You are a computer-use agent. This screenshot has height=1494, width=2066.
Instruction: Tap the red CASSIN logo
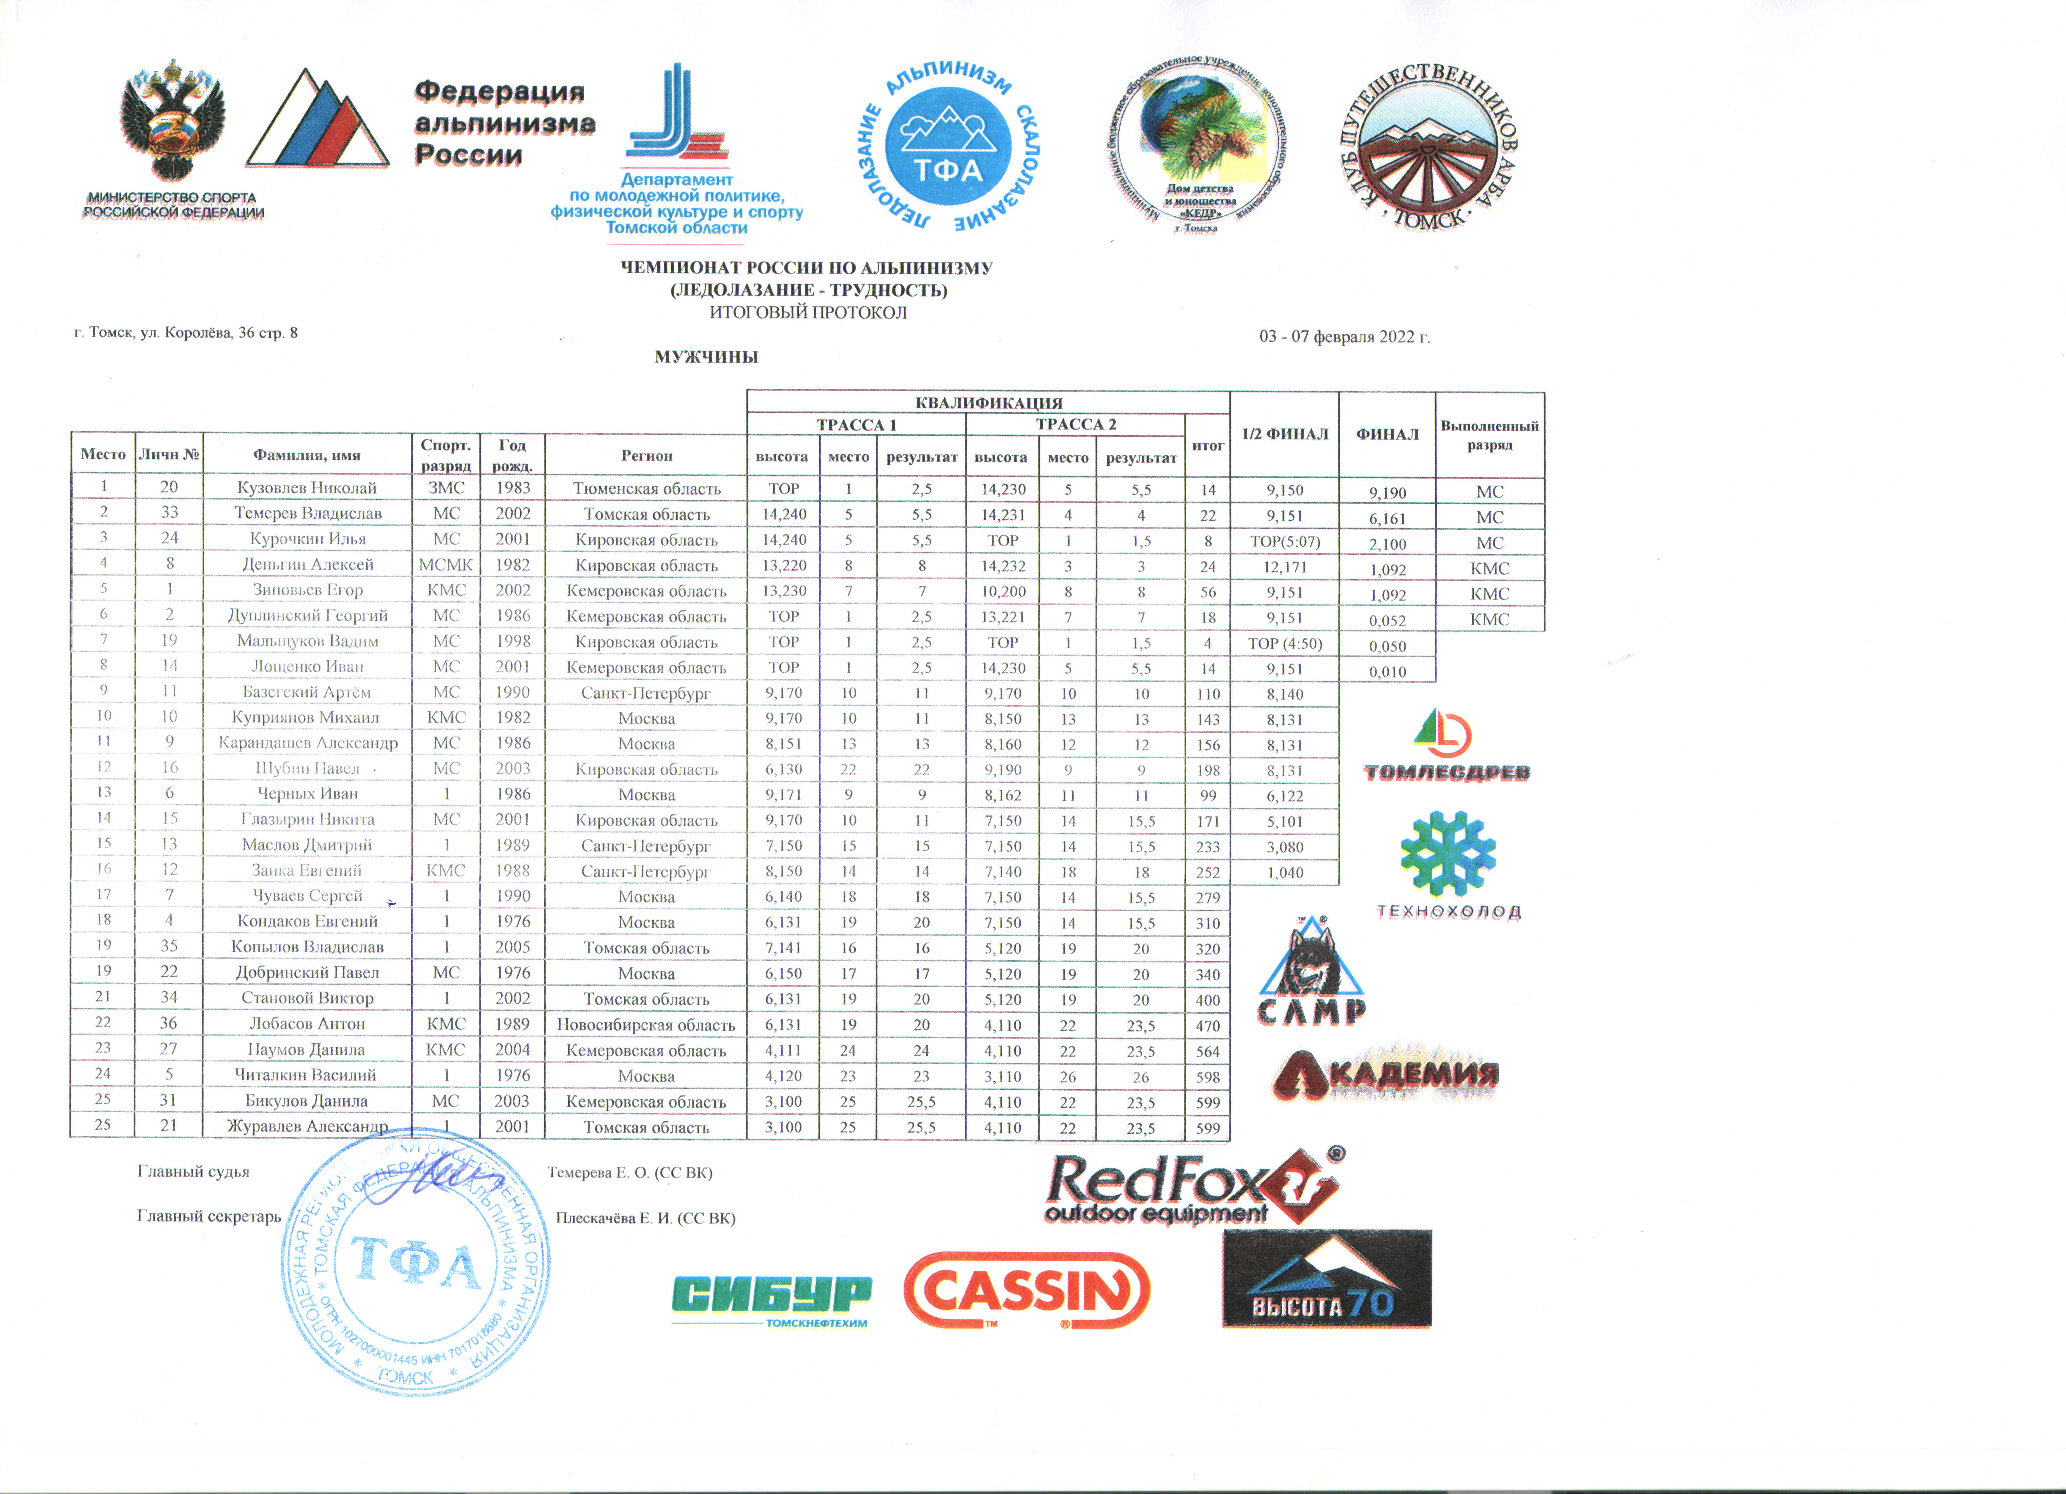click(x=1027, y=1290)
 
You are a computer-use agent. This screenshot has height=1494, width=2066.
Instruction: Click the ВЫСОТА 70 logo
click(x=1326, y=1279)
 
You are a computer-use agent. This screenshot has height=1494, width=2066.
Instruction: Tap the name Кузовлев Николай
click(x=307, y=488)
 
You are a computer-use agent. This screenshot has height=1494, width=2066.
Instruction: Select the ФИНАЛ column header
click(x=1386, y=434)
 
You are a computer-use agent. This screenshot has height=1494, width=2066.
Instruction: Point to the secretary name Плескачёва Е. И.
click(x=645, y=1218)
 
